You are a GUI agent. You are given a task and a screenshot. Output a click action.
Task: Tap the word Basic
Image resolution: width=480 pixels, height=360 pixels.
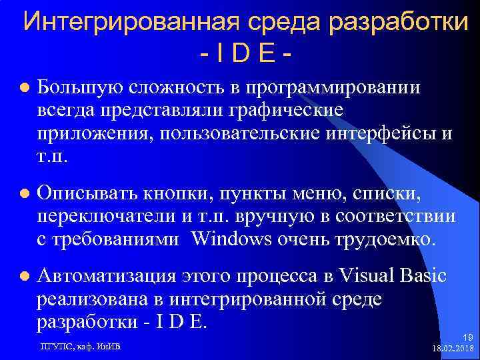click(424, 276)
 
